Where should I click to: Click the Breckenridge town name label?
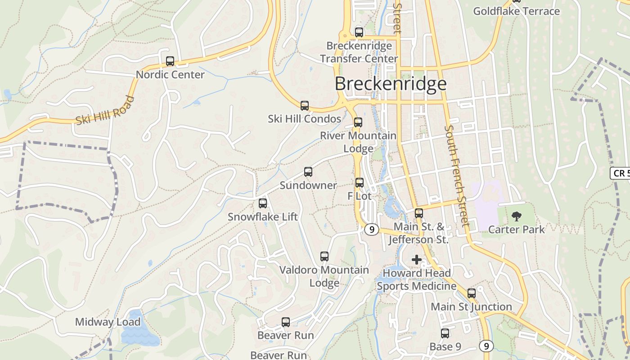click(391, 84)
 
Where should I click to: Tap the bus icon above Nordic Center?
click(170, 61)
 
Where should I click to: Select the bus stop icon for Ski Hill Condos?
click(305, 106)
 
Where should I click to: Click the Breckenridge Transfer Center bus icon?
click(359, 32)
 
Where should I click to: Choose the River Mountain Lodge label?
click(358, 142)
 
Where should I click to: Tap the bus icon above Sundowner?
click(308, 172)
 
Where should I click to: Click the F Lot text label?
click(360, 196)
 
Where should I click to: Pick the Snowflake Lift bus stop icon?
click(263, 203)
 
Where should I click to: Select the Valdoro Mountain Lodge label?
click(324, 276)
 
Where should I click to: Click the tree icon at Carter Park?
click(516, 216)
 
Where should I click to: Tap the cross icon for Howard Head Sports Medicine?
click(417, 260)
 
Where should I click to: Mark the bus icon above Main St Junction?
click(472, 293)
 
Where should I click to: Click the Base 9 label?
click(445, 346)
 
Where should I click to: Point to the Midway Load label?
click(108, 322)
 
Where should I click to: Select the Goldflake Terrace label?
click(516, 11)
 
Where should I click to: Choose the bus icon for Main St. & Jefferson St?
click(419, 213)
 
